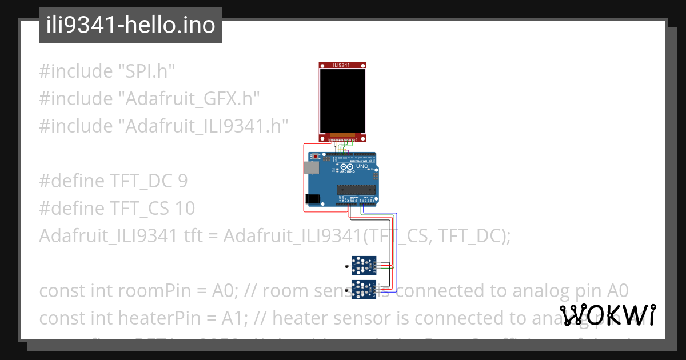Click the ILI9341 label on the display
point(341,65)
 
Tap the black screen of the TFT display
point(342,101)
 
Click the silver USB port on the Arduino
point(311,167)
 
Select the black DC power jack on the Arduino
point(312,199)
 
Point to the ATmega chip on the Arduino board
point(356,190)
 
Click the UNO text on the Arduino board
point(362,167)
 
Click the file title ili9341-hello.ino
point(130,25)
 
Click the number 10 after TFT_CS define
point(185,209)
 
